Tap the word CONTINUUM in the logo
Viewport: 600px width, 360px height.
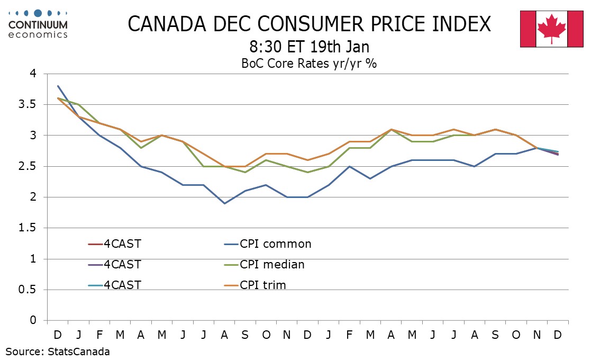(x=39, y=25)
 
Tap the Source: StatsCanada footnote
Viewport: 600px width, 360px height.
(x=58, y=351)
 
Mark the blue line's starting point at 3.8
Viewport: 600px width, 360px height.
(x=58, y=86)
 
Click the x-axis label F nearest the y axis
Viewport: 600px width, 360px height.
(x=99, y=336)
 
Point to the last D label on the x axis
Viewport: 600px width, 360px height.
(x=558, y=336)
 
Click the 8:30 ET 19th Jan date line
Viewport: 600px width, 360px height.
(x=309, y=46)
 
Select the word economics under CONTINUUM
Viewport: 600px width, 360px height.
(x=39, y=34)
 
